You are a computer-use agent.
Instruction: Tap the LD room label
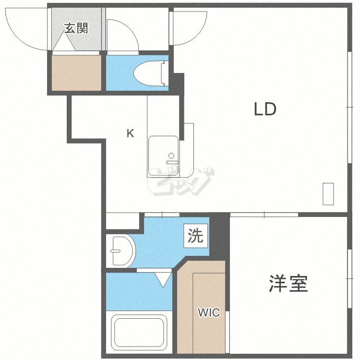tap(265, 109)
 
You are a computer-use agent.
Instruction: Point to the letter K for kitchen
tap(130, 133)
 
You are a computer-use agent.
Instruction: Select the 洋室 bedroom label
tap(288, 284)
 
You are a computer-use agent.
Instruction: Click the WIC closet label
tap(209, 313)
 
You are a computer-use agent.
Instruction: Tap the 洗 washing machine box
tap(195, 236)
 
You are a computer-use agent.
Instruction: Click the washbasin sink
tap(122, 250)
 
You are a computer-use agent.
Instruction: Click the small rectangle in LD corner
tap(328, 194)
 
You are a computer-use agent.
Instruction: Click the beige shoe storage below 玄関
tap(76, 72)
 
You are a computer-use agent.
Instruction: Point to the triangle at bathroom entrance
tap(163, 279)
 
